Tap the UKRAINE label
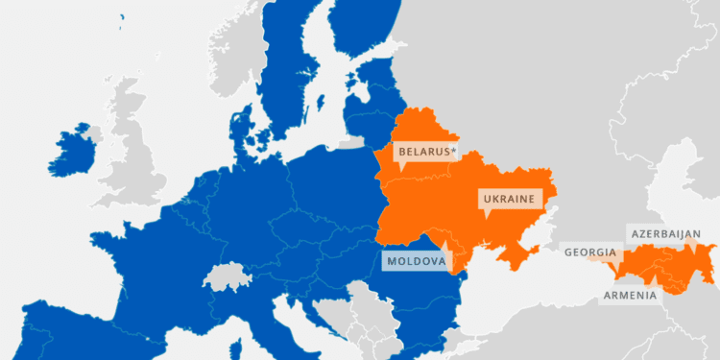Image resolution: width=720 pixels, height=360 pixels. (509, 200)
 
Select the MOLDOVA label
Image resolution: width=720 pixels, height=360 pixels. (415, 261)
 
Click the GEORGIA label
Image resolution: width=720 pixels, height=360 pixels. (589, 252)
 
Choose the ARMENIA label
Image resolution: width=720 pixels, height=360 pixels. (629, 295)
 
